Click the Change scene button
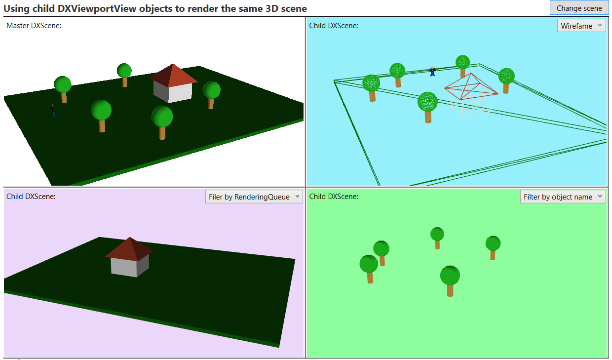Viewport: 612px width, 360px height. click(x=579, y=8)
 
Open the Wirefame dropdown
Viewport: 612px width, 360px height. click(x=581, y=26)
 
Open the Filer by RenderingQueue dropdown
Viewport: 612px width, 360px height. click(x=254, y=197)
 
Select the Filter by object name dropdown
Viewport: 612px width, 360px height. click(x=563, y=197)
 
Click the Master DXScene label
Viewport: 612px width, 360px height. click(x=34, y=25)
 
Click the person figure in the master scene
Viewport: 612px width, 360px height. click(x=53, y=111)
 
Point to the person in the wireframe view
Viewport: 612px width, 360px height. click(x=432, y=71)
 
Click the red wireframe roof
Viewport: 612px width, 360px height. click(x=471, y=86)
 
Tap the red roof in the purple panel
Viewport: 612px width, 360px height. click(x=129, y=249)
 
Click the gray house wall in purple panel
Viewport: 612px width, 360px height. click(x=124, y=267)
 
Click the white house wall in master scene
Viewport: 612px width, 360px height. click(x=180, y=93)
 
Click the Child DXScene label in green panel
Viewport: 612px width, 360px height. click(x=334, y=196)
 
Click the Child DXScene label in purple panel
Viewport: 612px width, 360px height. click(x=31, y=196)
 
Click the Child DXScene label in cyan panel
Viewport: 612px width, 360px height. click(x=334, y=25)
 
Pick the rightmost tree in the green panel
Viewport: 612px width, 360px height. click(x=493, y=247)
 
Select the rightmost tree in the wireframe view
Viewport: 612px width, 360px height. click(x=506, y=80)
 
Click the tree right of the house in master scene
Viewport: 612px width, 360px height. click(x=211, y=95)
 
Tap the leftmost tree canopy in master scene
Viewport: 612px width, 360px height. click(x=63, y=84)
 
